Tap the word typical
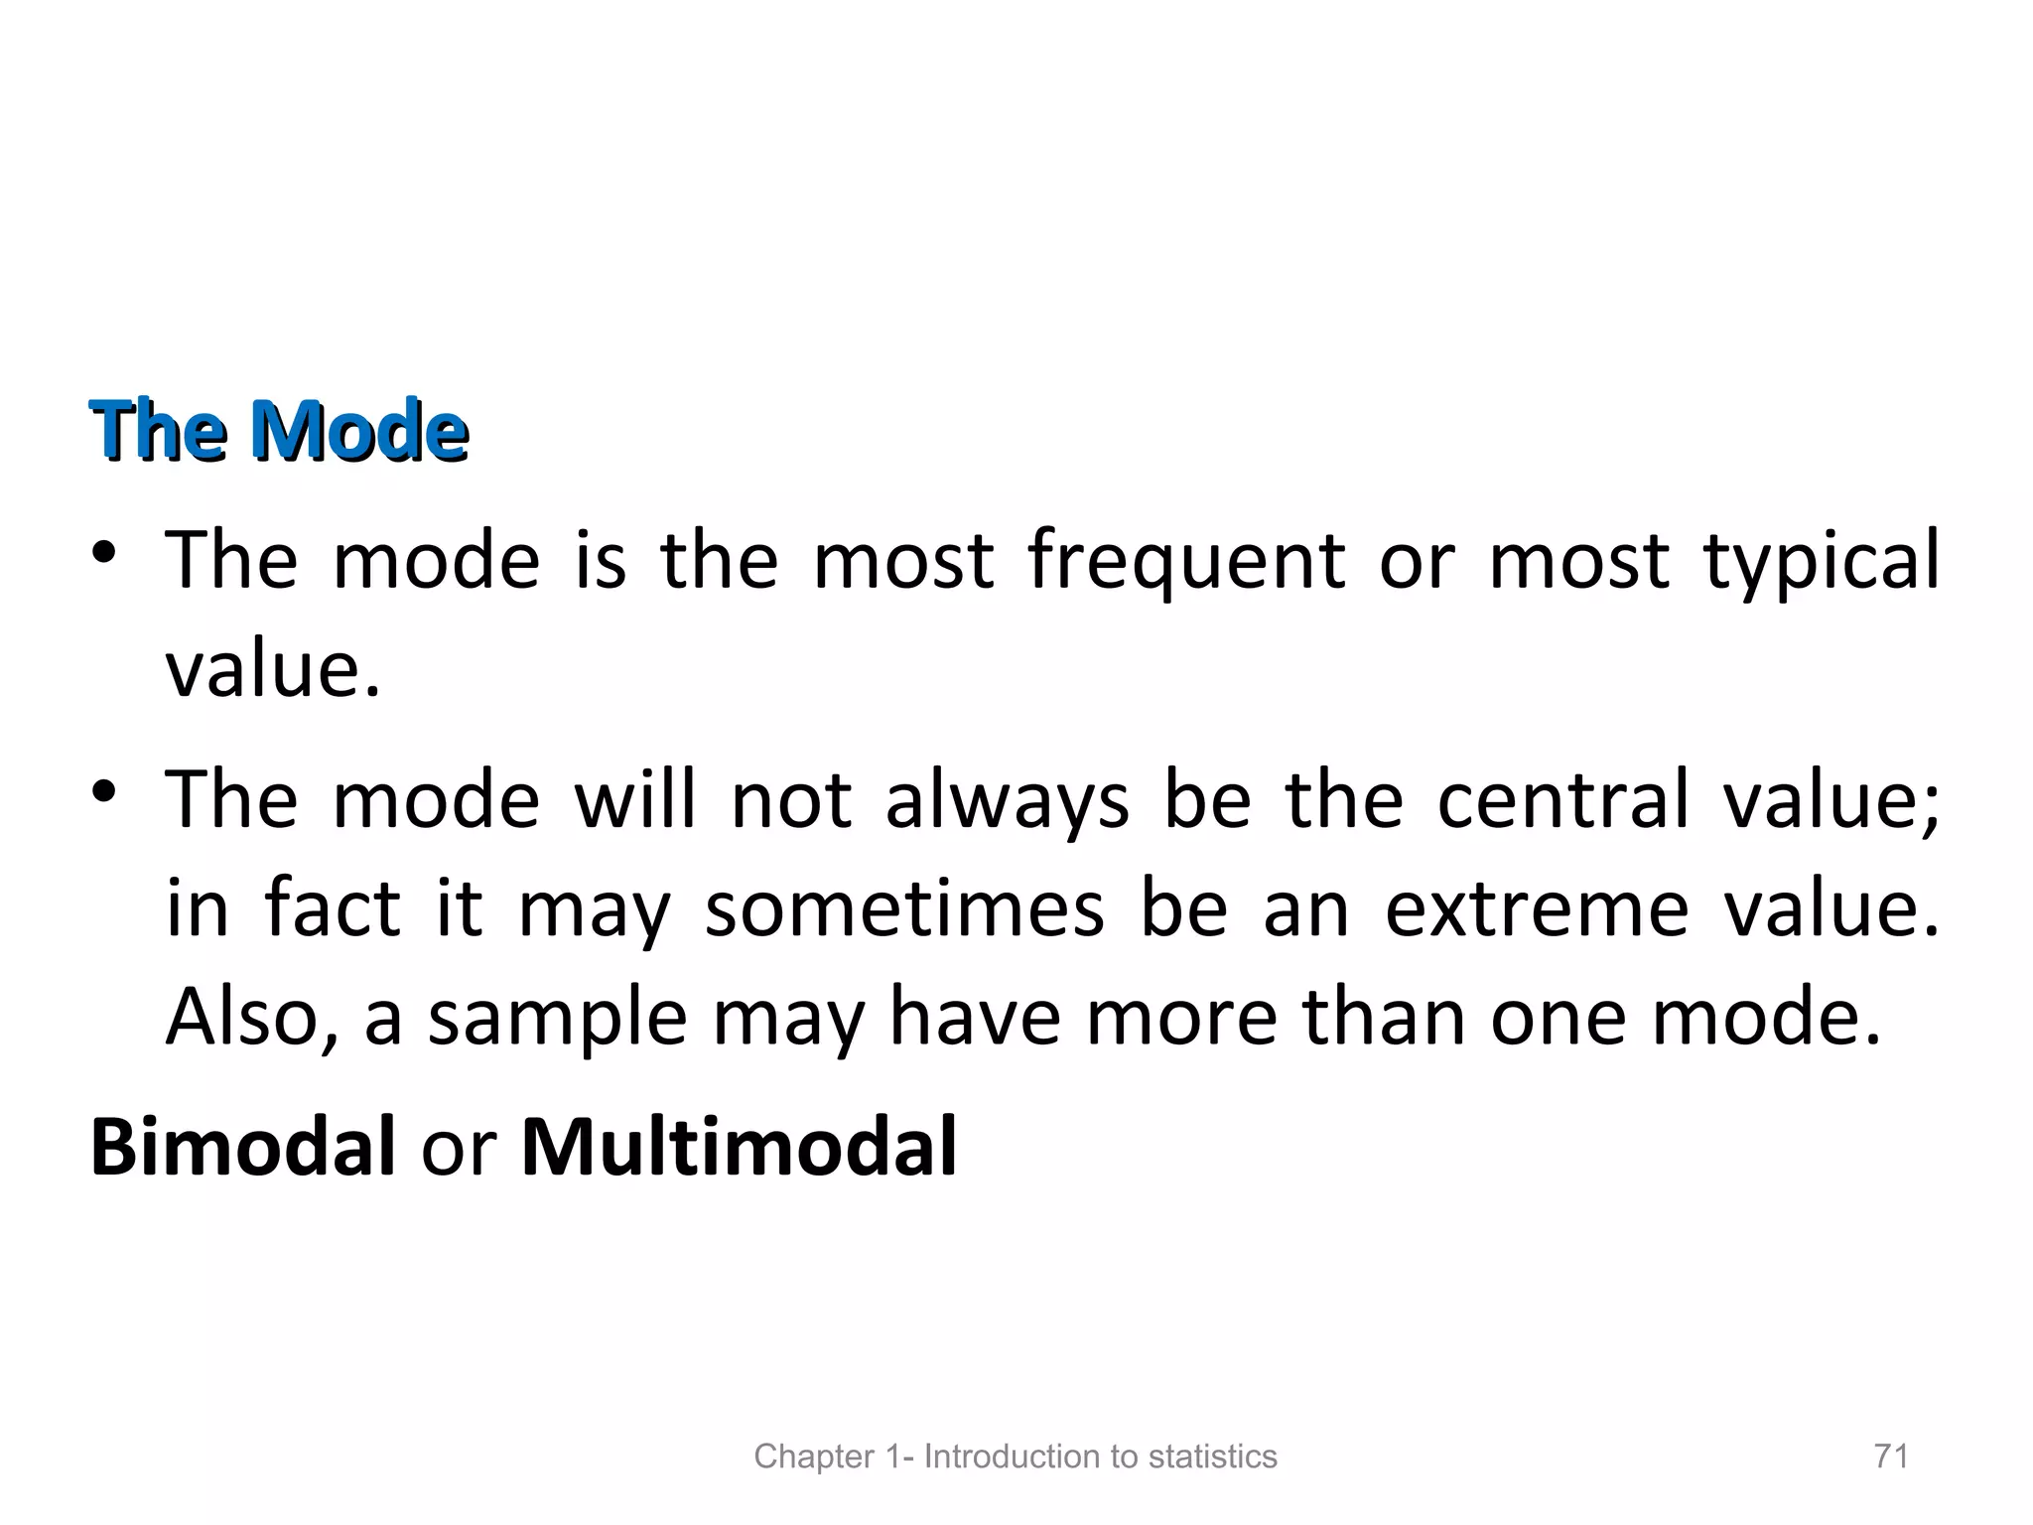[x=1822, y=561]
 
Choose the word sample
[x=557, y=1019]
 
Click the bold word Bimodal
[x=243, y=1147]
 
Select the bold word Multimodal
[x=739, y=1147]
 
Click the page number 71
[x=1891, y=1456]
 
